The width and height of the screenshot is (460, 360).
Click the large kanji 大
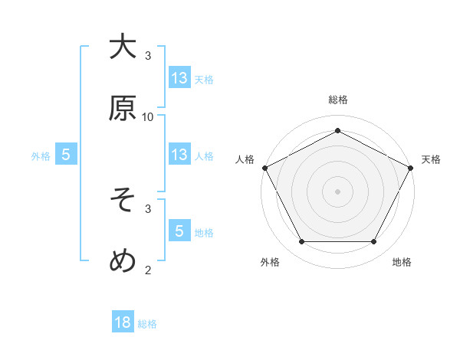(x=123, y=47)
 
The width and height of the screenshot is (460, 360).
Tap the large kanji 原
(x=123, y=108)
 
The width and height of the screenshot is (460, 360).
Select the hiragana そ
(x=123, y=201)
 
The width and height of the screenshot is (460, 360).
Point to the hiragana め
(x=123, y=262)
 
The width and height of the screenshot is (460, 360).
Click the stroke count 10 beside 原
(x=148, y=116)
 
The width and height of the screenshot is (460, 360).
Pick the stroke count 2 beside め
(x=148, y=269)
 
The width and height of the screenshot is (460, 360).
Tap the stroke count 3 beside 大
(x=148, y=55)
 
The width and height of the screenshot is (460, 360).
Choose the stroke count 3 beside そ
(x=148, y=208)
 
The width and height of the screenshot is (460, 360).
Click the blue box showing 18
(x=123, y=322)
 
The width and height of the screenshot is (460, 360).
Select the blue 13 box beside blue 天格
(x=179, y=77)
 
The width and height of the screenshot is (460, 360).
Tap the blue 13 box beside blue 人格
(x=179, y=155)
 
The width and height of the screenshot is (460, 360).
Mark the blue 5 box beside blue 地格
(x=179, y=231)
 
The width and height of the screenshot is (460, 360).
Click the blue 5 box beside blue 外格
(x=66, y=155)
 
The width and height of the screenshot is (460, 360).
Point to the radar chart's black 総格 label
(x=338, y=100)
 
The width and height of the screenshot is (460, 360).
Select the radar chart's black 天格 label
(x=431, y=159)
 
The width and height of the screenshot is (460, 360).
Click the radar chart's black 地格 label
(x=402, y=262)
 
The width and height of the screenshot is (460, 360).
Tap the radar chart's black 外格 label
(x=270, y=262)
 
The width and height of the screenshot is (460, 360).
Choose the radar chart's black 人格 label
(x=245, y=159)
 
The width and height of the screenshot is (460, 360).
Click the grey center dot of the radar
(x=338, y=191)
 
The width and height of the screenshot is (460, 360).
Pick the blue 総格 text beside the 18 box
(x=147, y=324)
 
